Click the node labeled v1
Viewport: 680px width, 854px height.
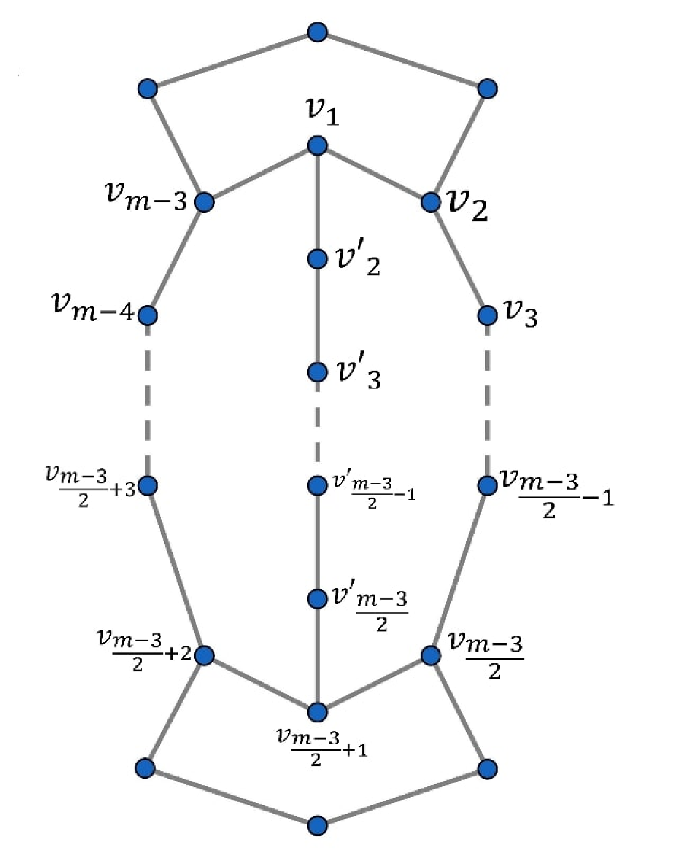[x=317, y=146]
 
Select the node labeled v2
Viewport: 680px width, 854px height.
[x=430, y=202]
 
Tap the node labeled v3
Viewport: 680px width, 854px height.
[x=487, y=315]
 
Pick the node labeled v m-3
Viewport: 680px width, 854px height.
[x=204, y=202]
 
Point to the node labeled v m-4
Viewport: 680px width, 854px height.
[x=147, y=315]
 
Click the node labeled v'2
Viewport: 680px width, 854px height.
[x=317, y=259]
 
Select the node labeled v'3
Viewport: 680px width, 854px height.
[x=317, y=372]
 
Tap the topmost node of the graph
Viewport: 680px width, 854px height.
[x=317, y=32]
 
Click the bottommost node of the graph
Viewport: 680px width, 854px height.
[x=317, y=826]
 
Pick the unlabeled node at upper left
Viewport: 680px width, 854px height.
[x=147, y=89]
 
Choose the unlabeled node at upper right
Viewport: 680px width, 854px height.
[x=487, y=89]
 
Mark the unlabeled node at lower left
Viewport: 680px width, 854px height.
[x=145, y=769]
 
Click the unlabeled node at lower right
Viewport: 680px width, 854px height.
[x=487, y=769]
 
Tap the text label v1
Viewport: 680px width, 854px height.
[x=323, y=113]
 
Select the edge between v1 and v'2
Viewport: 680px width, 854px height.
[x=317, y=202]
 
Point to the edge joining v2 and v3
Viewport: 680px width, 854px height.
[x=459, y=259]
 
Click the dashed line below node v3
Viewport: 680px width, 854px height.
[x=487, y=401]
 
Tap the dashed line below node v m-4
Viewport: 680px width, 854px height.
[x=147, y=401]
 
